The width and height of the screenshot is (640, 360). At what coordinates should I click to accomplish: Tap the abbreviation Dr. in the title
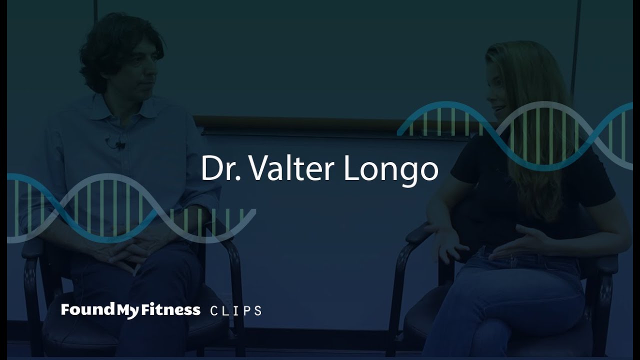(x=221, y=168)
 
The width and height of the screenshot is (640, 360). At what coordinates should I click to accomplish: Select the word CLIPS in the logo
(x=236, y=310)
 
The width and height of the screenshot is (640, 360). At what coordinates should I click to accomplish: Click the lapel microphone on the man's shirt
(x=119, y=145)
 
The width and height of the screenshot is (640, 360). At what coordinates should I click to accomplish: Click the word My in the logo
(x=123, y=310)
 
